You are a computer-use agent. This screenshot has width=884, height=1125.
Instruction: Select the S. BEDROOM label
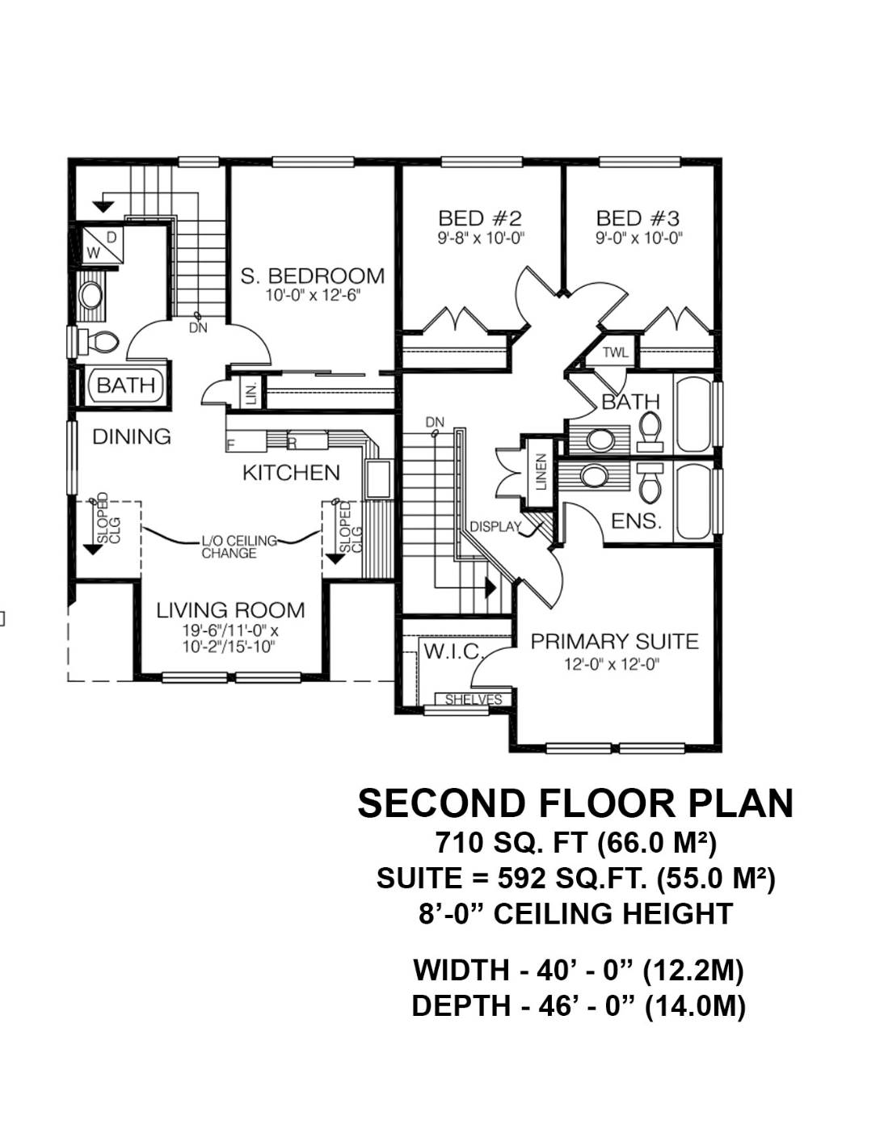312,276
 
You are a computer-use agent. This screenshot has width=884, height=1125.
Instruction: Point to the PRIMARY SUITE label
614,642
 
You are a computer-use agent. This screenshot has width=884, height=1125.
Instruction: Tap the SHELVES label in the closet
474,700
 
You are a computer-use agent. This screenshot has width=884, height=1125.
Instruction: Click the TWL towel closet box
616,353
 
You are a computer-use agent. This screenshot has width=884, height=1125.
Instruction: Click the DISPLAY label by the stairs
495,527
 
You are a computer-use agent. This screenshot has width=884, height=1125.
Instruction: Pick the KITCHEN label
291,473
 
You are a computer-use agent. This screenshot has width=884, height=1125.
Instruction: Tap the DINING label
132,436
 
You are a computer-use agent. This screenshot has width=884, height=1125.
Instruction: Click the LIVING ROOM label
230,610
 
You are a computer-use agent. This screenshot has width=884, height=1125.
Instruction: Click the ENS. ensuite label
636,522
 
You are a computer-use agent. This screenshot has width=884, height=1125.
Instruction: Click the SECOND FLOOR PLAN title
575,803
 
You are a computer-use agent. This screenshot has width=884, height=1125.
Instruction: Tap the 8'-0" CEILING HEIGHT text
575,914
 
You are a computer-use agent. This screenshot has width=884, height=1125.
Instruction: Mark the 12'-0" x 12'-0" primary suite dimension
612,665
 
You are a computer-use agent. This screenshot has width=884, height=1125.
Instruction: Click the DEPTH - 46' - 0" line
578,1006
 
